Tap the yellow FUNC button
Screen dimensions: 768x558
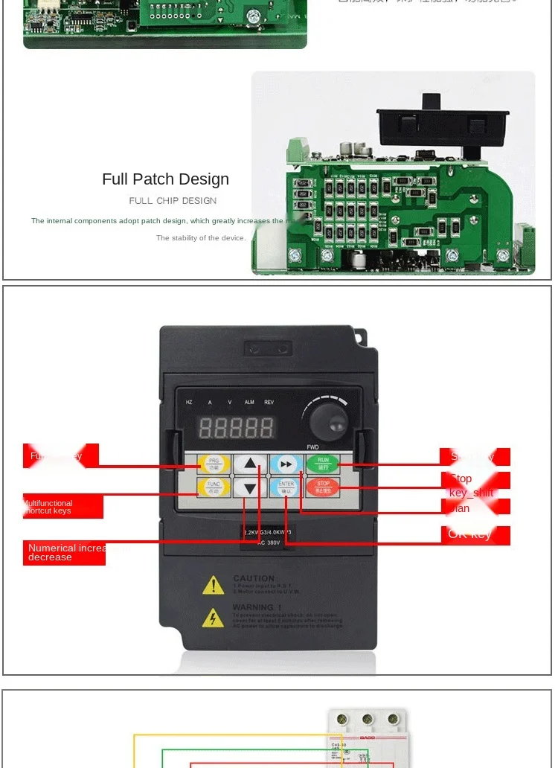pyautogui.click(x=214, y=487)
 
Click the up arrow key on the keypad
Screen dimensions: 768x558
pyautogui.click(x=250, y=464)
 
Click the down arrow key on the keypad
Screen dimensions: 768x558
pyautogui.click(x=250, y=488)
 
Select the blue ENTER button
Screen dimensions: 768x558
pyautogui.click(x=286, y=487)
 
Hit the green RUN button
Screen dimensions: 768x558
pyautogui.click(x=323, y=463)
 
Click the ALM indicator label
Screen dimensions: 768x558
pyautogui.click(x=249, y=403)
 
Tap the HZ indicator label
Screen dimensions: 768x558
pyautogui.click(x=189, y=403)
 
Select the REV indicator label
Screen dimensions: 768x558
pyautogui.click(x=269, y=403)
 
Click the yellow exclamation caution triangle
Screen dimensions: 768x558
pyautogui.click(x=214, y=586)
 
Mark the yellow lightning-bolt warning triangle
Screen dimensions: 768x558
pyautogui.click(x=214, y=618)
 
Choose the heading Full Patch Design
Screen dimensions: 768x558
pyautogui.click(x=165, y=179)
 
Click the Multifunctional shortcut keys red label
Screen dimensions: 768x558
pyautogui.click(x=62, y=507)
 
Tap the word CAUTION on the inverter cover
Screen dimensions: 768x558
pyautogui.click(x=254, y=578)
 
